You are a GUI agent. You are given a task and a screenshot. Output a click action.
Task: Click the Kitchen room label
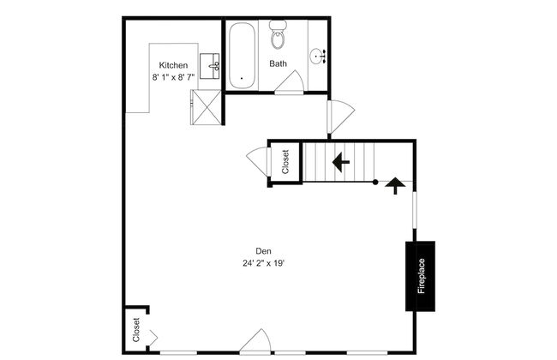[173, 65]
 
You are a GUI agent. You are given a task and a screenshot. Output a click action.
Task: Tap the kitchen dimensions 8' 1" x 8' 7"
[173, 77]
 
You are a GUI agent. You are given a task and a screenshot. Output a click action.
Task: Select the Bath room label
[278, 63]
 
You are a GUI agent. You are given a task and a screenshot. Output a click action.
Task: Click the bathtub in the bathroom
[241, 55]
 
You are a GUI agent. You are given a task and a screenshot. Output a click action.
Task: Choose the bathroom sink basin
[319, 57]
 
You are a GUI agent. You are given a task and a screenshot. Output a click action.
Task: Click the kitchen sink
[210, 64]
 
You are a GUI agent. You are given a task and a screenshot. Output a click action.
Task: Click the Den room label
[263, 251]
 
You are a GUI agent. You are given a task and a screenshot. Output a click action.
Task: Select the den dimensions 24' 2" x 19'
[263, 263]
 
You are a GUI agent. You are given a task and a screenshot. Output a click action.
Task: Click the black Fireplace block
[421, 275]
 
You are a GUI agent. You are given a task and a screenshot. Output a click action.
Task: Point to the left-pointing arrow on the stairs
[340, 161]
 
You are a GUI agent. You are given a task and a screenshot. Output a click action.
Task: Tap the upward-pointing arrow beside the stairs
[395, 185]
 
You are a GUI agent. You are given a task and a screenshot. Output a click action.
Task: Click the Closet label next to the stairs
[285, 161]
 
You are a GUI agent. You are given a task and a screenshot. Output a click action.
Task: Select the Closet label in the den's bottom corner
[136, 330]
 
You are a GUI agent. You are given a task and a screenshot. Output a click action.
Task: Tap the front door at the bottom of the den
[255, 344]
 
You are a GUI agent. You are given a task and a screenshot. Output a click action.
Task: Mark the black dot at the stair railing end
[374, 182]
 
